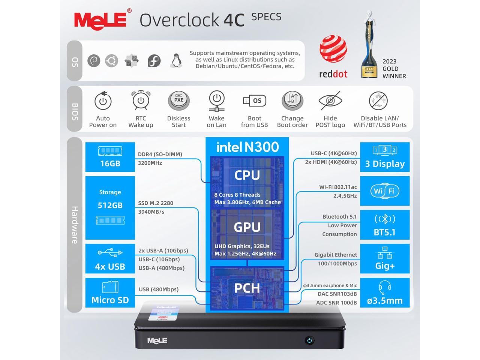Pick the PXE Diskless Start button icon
point(178,100)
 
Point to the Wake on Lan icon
point(216,100)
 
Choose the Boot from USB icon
point(254,100)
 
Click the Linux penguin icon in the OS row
point(175,61)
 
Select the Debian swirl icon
point(94,61)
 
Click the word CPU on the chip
point(247,175)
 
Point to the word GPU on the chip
point(247,227)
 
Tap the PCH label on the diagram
point(247,288)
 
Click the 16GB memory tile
point(110,157)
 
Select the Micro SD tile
point(110,292)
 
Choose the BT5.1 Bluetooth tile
point(385,225)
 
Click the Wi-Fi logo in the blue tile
point(385,191)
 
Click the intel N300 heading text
point(247,147)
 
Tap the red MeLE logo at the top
point(100,19)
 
